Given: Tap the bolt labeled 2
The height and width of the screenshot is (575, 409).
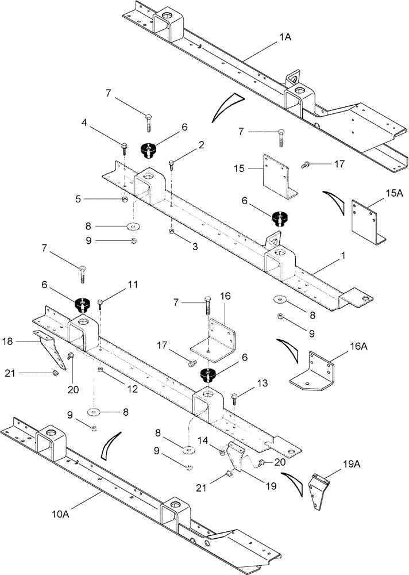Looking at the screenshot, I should point(171,166).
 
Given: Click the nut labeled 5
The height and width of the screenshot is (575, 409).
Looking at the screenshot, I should point(124,200).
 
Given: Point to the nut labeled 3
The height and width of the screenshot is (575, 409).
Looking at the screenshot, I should point(172,231).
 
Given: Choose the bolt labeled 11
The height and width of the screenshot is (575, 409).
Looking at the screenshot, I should point(101,302).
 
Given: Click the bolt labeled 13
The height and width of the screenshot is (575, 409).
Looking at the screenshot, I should point(234,397).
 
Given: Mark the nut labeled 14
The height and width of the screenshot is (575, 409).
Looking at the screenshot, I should point(221,453).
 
